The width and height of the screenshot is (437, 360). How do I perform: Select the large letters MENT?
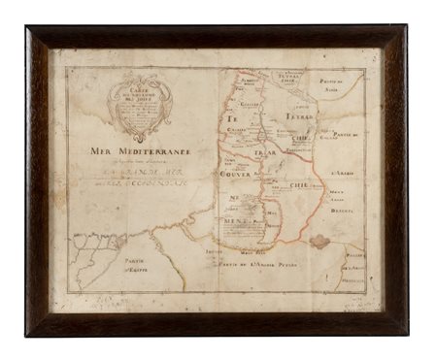pyautogui.click(x=237, y=220)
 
